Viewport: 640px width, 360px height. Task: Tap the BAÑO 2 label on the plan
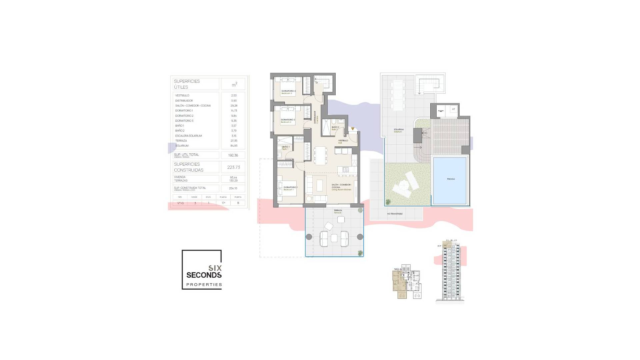(335, 127)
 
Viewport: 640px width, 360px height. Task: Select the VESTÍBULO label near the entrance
(343, 141)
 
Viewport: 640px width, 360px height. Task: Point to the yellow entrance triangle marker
(353, 129)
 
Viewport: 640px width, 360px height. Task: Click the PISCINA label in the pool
(451, 179)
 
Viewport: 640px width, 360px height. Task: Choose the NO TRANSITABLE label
(395, 214)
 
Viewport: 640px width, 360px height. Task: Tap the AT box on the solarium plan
(453, 109)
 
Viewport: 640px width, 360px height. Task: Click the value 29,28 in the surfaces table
(234, 106)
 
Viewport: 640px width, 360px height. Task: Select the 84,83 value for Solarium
(234, 146)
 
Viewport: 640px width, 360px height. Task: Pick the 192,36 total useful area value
(233, 155)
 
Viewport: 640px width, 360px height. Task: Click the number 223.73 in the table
(233, 167)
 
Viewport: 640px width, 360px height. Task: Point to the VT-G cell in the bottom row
(180, 203)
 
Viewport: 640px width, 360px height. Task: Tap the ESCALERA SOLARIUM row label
(188, 136)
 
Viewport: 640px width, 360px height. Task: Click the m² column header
(234, 85)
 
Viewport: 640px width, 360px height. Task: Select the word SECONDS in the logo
(204, 275)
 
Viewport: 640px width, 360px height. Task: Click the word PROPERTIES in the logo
(204, 285)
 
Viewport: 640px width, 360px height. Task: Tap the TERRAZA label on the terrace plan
(338, 211)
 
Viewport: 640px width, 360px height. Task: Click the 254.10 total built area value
(233, 188)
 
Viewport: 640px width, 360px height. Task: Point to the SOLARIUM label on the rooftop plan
(398, 129)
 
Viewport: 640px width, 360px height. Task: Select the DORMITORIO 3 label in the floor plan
(288, 91)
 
